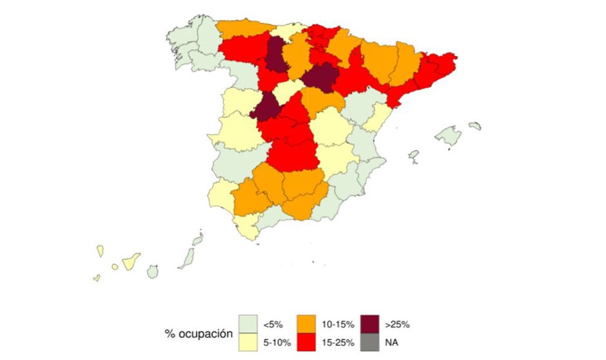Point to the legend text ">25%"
397,324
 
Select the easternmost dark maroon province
320,78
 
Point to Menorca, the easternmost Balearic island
475,126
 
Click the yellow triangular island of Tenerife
132,261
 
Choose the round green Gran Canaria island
152,272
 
